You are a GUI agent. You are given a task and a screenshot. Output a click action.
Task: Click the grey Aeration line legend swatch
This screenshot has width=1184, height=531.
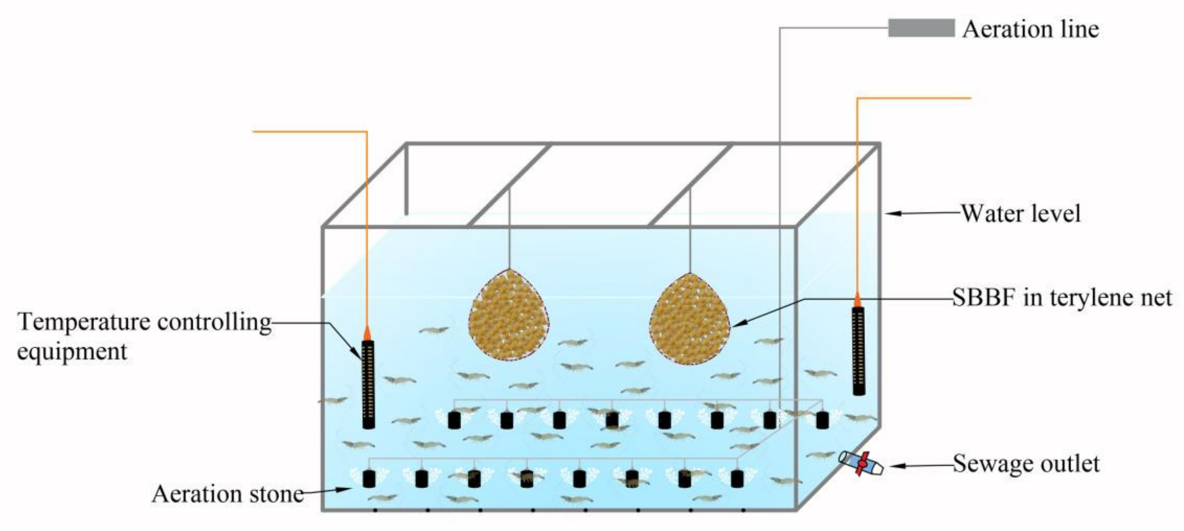[x=921, y=28]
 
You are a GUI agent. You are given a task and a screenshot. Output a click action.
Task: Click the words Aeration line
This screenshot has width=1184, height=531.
[x=1030, y=29]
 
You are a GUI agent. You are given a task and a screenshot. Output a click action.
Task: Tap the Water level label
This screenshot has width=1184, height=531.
[x=1021, y=213]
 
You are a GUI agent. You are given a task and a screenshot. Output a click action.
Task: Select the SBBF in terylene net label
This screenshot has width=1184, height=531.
[x=1062, y=297]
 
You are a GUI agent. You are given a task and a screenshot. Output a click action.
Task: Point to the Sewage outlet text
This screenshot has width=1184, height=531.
[x=1026, y=464]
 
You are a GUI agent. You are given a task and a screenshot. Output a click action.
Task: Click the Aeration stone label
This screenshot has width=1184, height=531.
[x=227, y=494]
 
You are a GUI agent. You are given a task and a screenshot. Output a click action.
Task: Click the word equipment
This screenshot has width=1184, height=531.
[x=72, y=351]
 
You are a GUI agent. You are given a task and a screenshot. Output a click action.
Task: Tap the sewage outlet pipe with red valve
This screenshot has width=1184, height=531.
[x=861, y=463]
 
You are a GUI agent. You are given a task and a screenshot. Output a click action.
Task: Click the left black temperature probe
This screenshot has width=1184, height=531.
[x=368, y=384]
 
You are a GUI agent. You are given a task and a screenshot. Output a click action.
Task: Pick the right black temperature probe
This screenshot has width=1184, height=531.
[x=858, y=350]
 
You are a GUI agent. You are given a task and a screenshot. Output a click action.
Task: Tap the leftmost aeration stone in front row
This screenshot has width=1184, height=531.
[x=369, y=478]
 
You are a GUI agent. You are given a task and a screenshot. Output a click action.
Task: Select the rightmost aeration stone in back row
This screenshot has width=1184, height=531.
[x=822, y=420]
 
